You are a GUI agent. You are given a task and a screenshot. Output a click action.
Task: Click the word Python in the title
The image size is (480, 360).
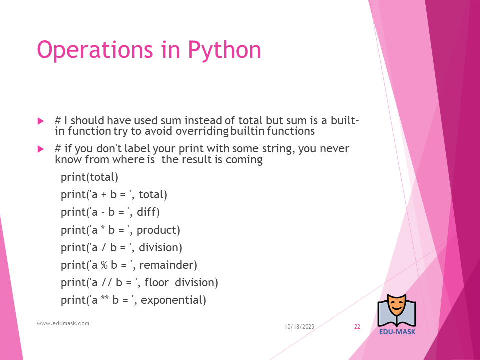(x=224, y=50)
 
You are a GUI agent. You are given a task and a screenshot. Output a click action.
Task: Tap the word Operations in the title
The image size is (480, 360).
(x=95, y=50)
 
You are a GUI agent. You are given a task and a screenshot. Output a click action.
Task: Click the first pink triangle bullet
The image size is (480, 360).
(x=40, y=121)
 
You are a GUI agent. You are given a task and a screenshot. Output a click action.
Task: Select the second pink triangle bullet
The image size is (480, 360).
(x=40, y=149)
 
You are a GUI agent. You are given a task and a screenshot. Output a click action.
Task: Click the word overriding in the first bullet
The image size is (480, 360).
(x=202, y=131)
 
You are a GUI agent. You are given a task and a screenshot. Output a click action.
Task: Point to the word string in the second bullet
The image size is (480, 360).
(x=277, y=149)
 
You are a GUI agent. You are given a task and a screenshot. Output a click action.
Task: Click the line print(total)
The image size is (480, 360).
(x=89, y=177)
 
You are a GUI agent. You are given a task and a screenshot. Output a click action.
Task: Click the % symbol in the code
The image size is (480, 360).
(x=104, y=265)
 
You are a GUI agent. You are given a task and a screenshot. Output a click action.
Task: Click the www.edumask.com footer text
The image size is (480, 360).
(x=63, y=323)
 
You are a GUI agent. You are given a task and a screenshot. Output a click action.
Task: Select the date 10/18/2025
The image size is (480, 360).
(x=299, y=327)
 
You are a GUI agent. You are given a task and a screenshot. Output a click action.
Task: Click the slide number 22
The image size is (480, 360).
(x=357, y=327)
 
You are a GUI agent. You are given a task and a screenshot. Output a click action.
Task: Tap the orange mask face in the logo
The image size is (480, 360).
(x=396, y=306)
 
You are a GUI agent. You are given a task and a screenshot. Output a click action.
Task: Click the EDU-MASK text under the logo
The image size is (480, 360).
(x=397, y=332)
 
